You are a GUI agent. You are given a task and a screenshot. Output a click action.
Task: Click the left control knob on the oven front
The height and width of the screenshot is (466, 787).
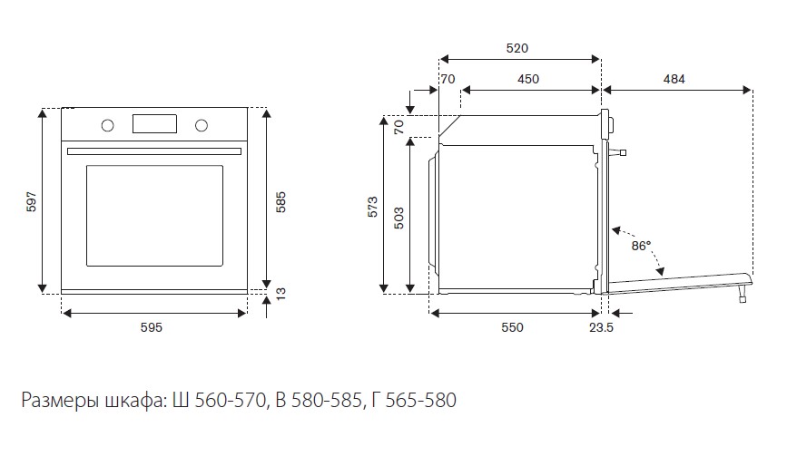[107, 125]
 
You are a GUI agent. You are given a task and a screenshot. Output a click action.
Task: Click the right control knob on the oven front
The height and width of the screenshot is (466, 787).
[202, 125]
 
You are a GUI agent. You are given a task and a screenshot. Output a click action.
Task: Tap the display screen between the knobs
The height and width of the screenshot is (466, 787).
[154, 124]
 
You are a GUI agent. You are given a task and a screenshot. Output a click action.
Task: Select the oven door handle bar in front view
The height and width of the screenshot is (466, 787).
[154, 151]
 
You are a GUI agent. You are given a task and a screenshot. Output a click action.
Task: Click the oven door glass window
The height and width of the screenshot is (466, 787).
[154, 216]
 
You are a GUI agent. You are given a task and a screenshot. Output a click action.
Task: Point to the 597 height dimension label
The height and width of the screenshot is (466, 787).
[31, 201]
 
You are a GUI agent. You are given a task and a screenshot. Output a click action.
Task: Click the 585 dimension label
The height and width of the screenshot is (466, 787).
[280, 202]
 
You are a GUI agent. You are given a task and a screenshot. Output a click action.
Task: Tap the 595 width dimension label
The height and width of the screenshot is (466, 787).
[151, 327]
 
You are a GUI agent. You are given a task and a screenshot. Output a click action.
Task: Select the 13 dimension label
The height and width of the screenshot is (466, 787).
[280, 294]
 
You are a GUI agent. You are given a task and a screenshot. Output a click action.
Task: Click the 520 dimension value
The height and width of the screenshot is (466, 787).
[517, 48]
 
